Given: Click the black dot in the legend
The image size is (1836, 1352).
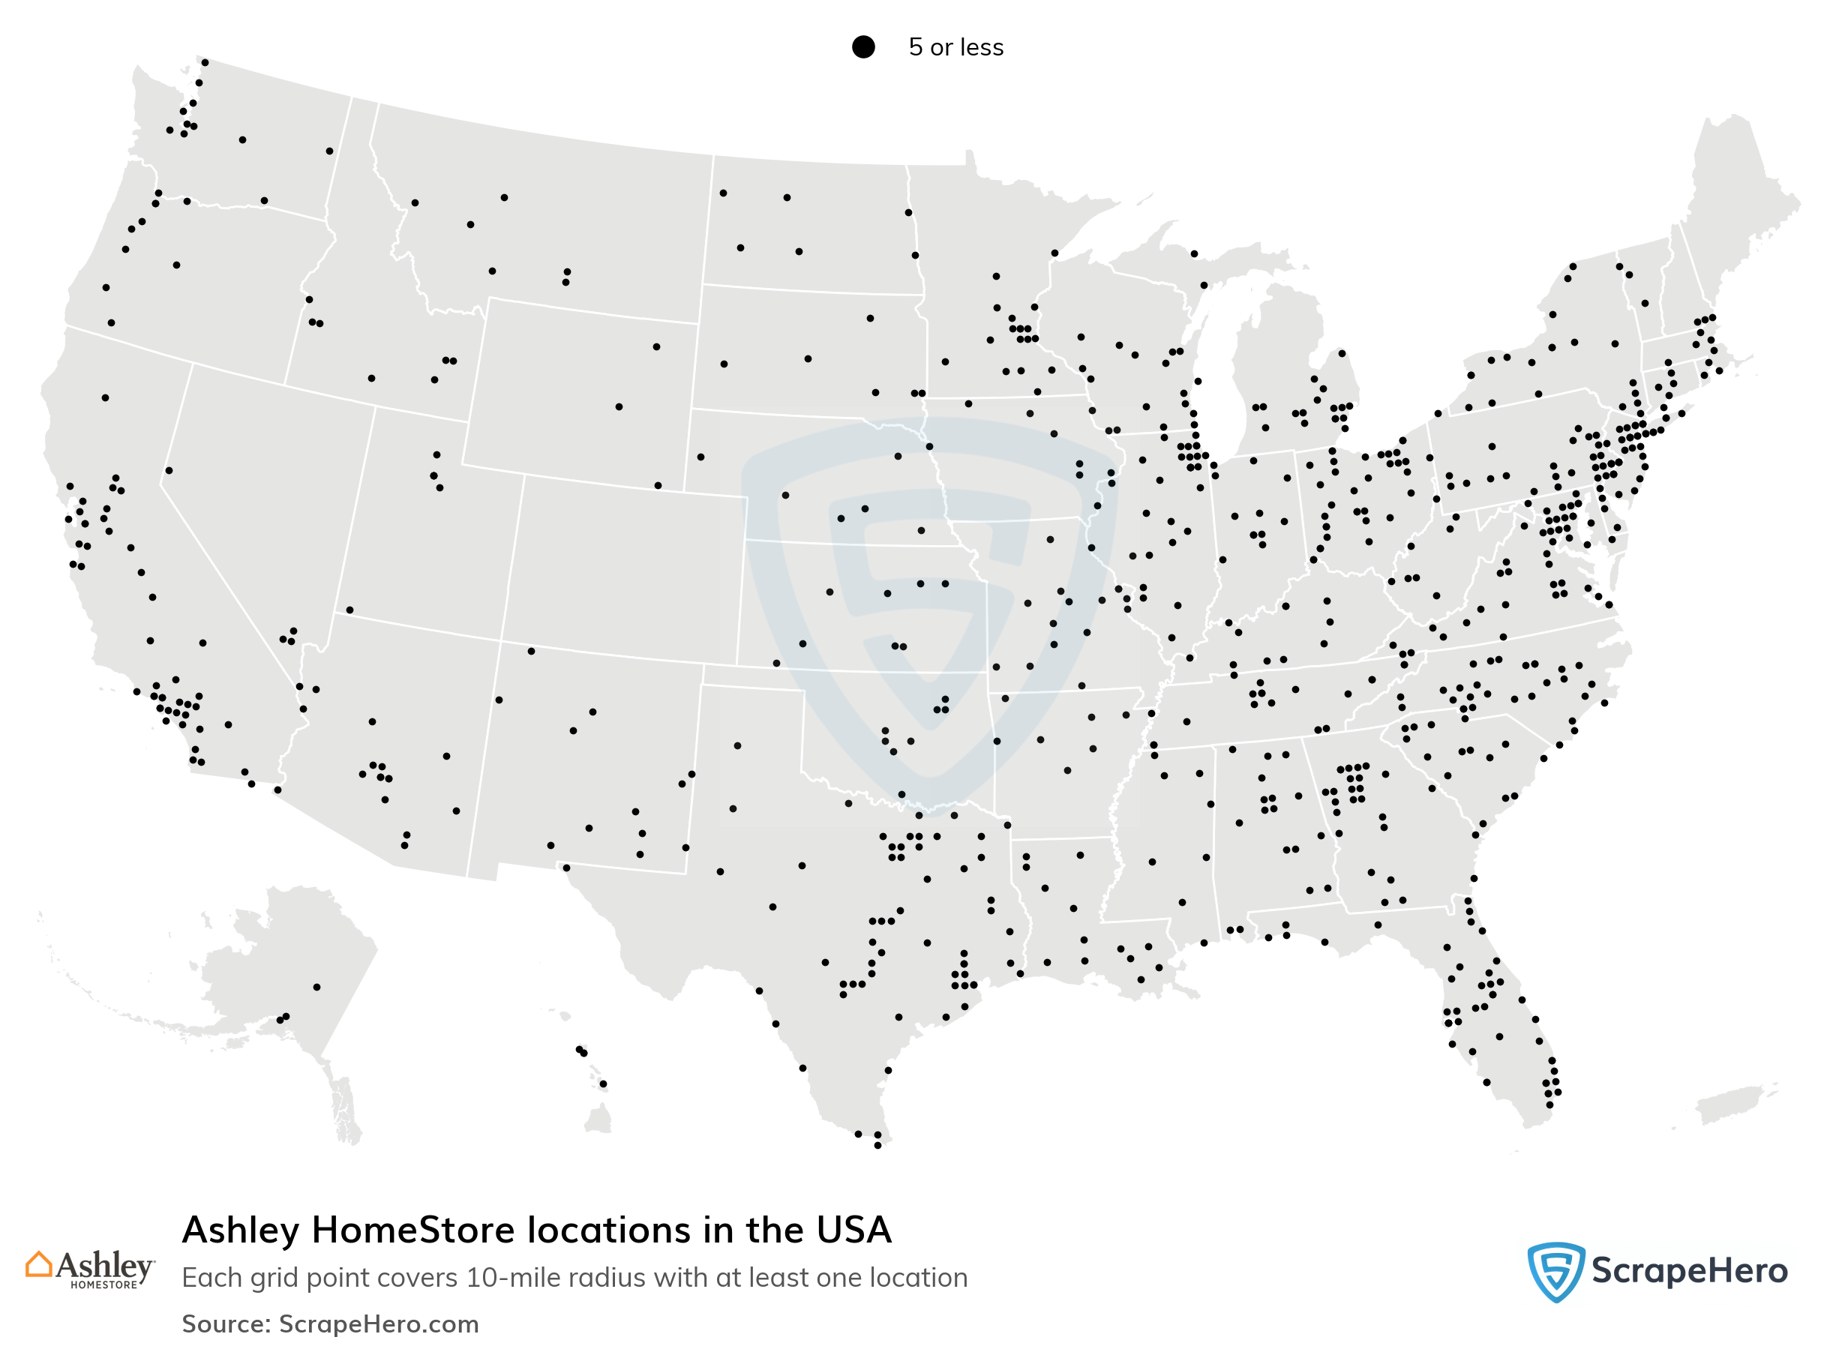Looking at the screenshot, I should click(862, 46).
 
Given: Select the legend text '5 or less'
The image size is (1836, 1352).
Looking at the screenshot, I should click(955, 47).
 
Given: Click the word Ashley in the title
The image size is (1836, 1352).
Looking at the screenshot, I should click(241, 1230).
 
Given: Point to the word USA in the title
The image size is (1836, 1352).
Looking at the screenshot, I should click(853, 1230).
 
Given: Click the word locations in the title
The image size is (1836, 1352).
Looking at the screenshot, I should click(609, 1230).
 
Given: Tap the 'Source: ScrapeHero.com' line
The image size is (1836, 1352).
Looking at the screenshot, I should click(330, 1324).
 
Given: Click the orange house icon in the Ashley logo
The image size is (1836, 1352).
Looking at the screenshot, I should click(38, 1264).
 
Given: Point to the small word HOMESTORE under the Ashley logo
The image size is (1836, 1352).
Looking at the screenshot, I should click(104, 1285).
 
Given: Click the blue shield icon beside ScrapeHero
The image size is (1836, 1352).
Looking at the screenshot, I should click(1555, 1271).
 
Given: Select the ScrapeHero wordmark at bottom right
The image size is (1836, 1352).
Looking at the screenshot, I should click(1689, 1271).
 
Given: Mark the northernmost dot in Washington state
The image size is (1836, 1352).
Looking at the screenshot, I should click(205, 62).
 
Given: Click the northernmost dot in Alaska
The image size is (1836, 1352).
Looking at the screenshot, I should click(316, 987).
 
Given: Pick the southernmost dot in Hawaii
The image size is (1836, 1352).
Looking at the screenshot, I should click(603, 1084).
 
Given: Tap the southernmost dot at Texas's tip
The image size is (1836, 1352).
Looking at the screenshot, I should click(877, 1145).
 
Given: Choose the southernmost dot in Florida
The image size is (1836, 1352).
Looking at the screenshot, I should click(1549, 1105).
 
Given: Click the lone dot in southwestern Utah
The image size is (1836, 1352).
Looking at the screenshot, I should click(349, 610).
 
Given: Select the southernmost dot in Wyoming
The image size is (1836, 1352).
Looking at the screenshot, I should click(658, 485).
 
